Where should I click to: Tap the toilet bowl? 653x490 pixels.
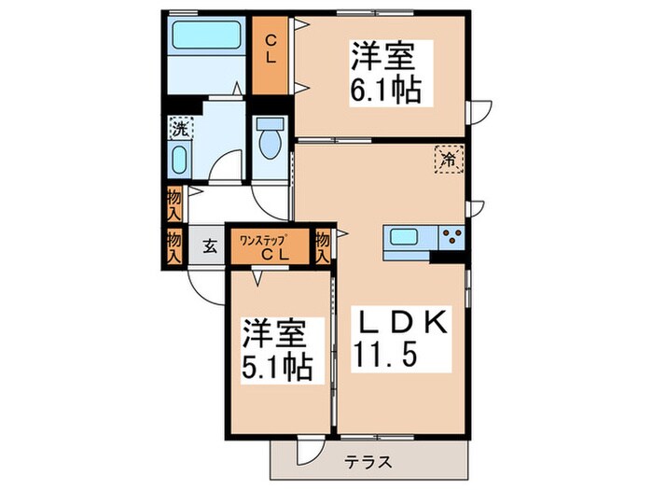coord(272,143)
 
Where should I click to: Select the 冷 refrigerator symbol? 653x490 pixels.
coord(449,159)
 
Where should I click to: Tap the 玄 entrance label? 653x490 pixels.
coord(210,247)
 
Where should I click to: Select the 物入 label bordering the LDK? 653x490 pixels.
coord(323,246)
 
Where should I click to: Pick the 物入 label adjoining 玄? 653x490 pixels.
coord(174,246)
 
